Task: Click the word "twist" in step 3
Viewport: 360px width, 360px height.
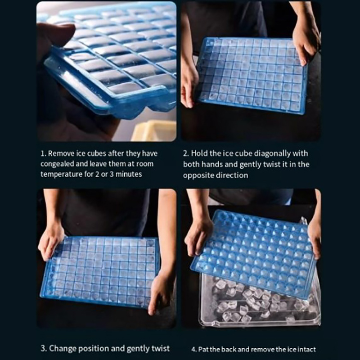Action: (x=161, y=348)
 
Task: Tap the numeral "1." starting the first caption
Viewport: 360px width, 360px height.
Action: (x=43, y=153)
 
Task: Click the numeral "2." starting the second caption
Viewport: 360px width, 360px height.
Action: (x=186, y=153)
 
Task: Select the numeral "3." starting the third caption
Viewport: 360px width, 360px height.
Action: (x=44, y=348)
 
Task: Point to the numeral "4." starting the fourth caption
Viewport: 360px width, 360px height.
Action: (x=194, y=350)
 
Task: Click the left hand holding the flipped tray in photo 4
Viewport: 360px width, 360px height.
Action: (x=198, y=237)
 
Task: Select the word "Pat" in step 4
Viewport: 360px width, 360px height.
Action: (x=203, y=350)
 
